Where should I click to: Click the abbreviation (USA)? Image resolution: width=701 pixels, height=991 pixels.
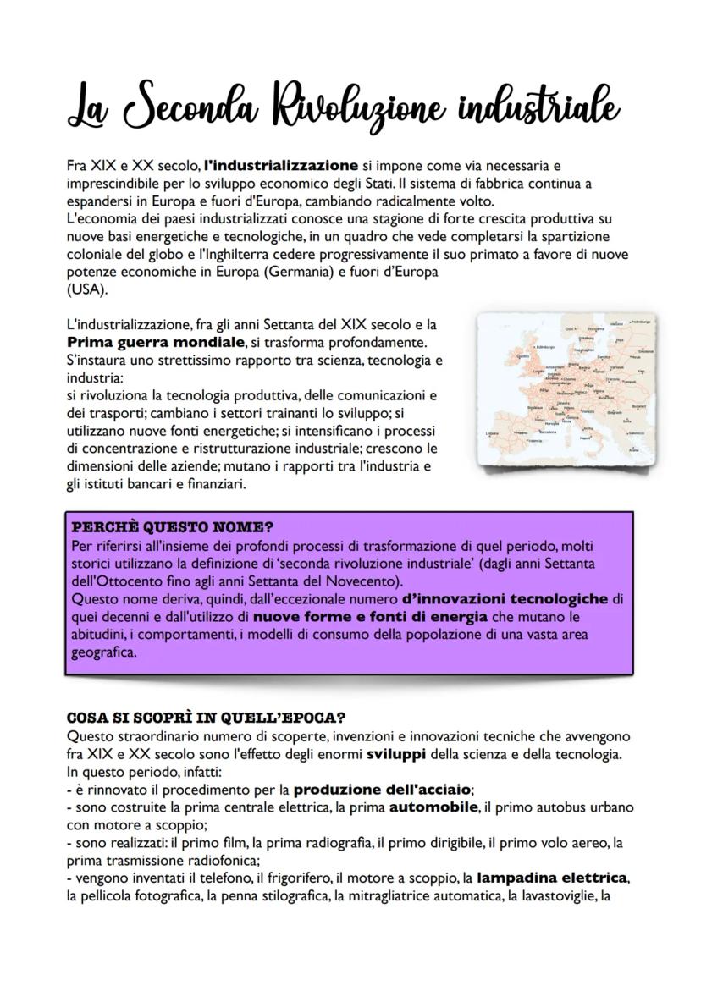click(x=86, y=289)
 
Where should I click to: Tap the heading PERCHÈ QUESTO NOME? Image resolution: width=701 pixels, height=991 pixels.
click(x=173, y=527)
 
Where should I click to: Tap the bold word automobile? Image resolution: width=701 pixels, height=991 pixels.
click(x=433, y=807)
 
